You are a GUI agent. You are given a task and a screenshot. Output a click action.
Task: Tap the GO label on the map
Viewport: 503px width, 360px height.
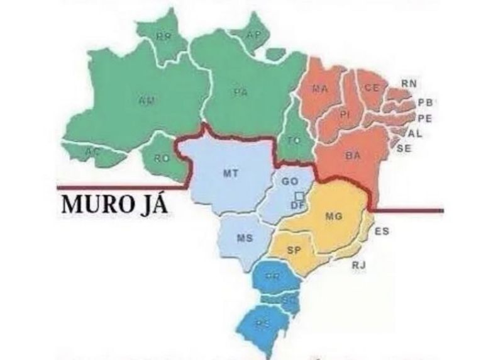[290, 181]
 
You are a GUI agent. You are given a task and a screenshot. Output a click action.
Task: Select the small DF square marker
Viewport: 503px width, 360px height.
[300, 195]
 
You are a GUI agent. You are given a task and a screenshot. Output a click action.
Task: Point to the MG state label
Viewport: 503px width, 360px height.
[334, 217]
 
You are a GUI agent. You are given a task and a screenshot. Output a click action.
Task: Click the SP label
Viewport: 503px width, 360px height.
[294, 250]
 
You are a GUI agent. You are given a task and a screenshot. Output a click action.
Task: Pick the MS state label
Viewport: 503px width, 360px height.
[245, 238]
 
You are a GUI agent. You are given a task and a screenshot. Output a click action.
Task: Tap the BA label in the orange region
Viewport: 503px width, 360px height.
[353, 155]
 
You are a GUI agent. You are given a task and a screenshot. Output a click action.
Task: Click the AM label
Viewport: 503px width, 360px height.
[146, 99]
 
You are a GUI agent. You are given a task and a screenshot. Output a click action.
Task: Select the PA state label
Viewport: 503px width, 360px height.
[240, 92]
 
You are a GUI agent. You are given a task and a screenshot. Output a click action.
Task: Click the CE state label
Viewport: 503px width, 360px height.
[372, 88]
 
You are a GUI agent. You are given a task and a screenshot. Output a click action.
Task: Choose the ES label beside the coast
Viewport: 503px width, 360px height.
[382, 232]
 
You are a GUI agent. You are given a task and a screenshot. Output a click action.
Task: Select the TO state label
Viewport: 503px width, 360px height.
[294, 141]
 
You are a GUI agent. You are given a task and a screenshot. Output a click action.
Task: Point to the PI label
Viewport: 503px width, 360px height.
[344, 115]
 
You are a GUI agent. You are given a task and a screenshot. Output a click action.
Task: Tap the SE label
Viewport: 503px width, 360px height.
[404, 148]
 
